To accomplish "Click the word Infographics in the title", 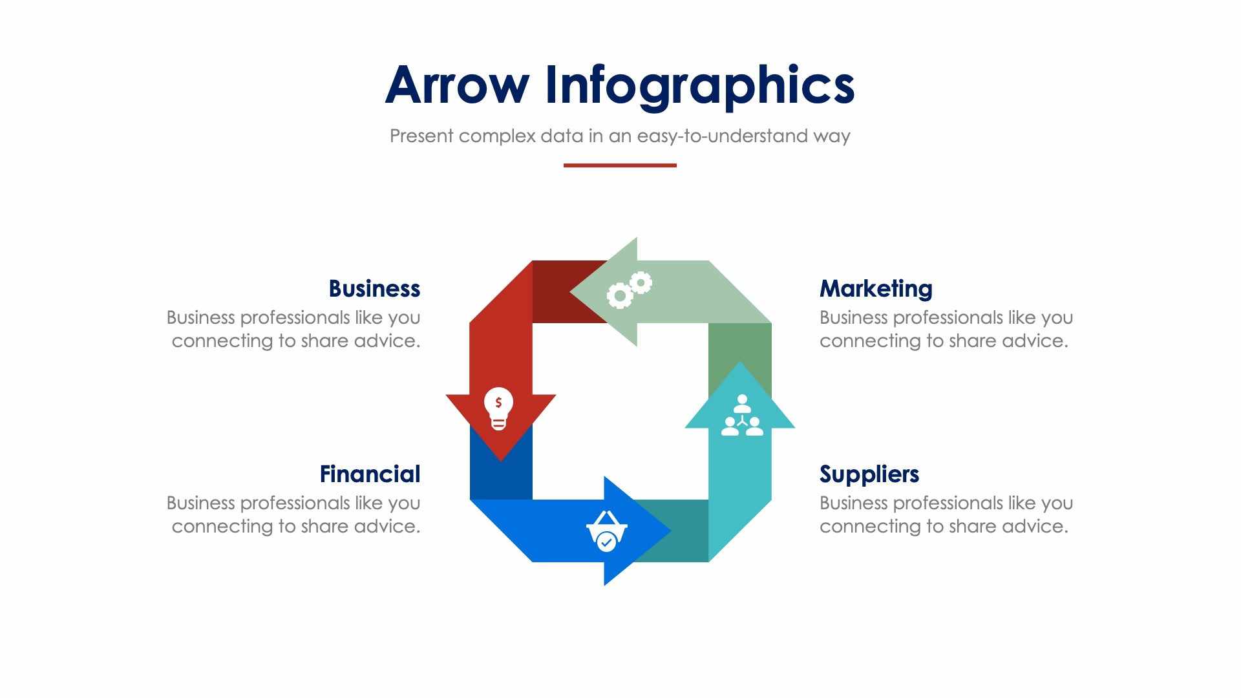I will pos(700,86).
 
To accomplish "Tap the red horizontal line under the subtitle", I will pos(620,165).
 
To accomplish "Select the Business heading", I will pos(374,288).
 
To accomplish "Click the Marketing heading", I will pos(876,288).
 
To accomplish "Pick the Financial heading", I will pos(370,474).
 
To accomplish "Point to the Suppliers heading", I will pos(869,474).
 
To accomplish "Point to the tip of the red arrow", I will pos(501,458).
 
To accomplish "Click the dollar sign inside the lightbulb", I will pos(498,403).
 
